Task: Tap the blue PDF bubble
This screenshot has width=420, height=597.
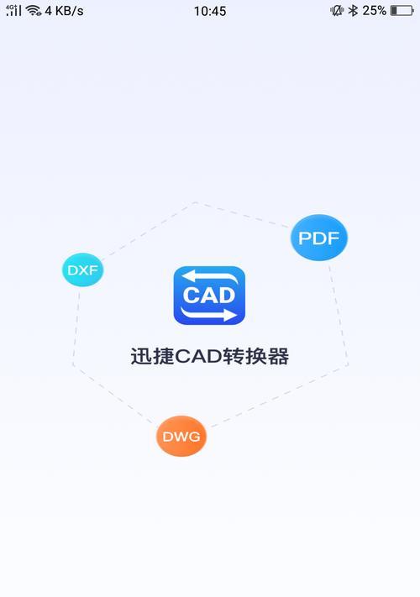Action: coord(319,238)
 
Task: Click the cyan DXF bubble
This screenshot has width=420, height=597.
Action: coord(82,270)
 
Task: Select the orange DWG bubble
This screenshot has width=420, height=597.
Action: coord(181,436)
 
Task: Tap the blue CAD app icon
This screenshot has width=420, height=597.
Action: coord(209,296)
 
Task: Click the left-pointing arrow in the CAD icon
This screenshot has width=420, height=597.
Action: coord(209,277)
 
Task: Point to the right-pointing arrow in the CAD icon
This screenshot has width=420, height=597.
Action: coord(208,314)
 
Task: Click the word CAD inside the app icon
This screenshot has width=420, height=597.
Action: coord(209,296)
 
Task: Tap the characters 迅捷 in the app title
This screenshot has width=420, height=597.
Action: coord(152,357)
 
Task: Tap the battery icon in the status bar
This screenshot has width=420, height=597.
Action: coord(402,11)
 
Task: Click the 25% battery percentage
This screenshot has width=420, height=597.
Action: coord(374,11)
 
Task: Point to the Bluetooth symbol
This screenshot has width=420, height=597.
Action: coord(354,11)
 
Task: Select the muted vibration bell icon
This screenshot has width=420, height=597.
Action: coord(337,11)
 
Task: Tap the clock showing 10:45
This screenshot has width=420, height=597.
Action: coord(210,11)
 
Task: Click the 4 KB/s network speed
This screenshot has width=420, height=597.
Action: coord(64,11)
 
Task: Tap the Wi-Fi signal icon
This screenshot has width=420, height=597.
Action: coord(34,11)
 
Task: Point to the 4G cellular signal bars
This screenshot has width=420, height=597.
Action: coord(13,10)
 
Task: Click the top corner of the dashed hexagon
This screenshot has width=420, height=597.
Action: coord(196,202)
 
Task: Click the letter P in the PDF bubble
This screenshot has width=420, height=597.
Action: coord(305,238)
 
